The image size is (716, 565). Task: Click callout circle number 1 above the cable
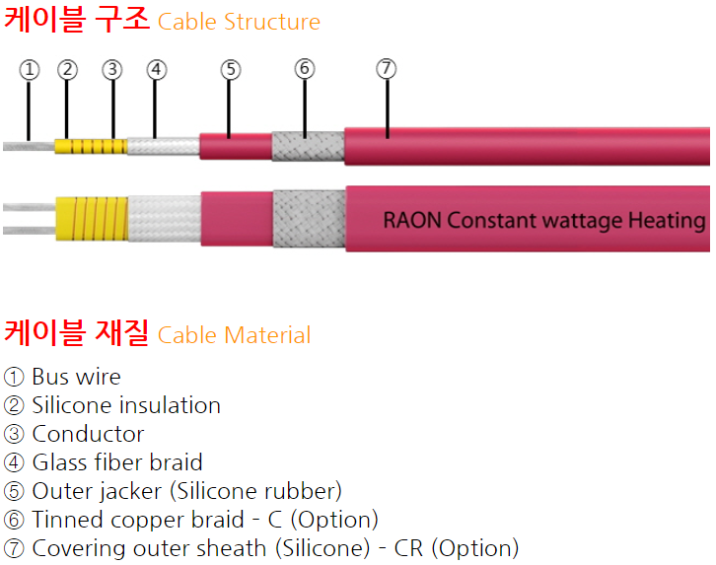[x=30, y=70]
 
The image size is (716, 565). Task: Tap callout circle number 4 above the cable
[x=156, y=70]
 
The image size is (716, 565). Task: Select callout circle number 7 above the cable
[x=387, y=68]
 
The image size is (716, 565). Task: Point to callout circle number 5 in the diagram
[x=231, y=70]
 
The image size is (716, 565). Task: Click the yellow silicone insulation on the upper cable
[x=91, y=147]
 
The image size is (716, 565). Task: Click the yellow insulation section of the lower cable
[x=92, y=219]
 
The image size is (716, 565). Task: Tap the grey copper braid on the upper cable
[x=309, y=146]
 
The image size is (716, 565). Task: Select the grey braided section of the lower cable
[x=309, y=219]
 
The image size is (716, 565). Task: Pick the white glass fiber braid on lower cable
[x=165, y=219]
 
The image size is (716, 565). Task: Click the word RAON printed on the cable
[x=412, y=220]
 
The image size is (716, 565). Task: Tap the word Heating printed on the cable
[x=667, y=221]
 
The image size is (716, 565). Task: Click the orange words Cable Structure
[x=239, y=22]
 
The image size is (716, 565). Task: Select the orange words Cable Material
[x=235, y=335]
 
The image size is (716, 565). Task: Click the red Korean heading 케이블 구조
[x=77, y=19]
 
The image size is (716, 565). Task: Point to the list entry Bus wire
[x=76, y=377]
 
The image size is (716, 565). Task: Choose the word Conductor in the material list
[x=88, y=434]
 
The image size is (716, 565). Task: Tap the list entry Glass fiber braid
[x=117, y=462]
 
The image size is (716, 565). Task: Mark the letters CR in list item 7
[x=408, y=548]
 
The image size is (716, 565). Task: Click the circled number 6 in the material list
[x=14, y=520]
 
